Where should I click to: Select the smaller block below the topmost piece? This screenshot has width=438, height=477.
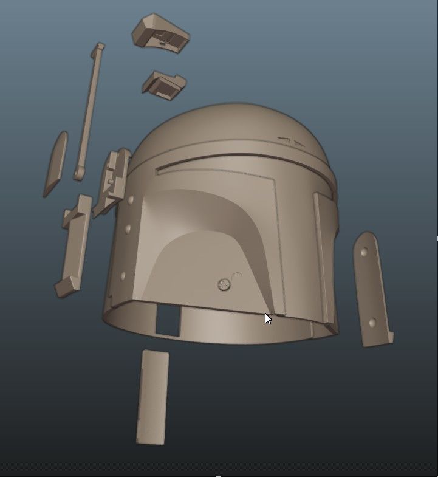(x=165, y=84)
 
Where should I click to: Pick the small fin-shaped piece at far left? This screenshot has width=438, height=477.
(x=55, y=164)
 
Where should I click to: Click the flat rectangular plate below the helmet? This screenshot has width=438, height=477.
(x=152, y=397)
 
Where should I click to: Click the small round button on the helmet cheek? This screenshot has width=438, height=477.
(x=224, y=284)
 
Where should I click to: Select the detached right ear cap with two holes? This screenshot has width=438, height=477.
(x=371, y=289)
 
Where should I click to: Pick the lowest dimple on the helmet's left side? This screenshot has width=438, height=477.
(x=123, y=276)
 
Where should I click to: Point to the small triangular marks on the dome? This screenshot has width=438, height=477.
(x=292, y=142)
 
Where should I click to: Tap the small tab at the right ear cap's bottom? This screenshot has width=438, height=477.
(x=389, y=337)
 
